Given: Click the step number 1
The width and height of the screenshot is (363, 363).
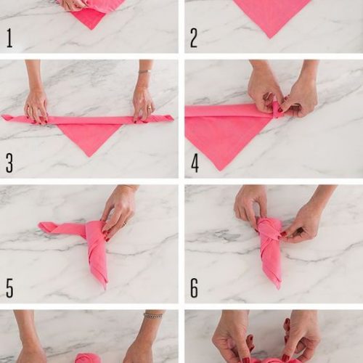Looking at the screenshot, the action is tap(9, 38).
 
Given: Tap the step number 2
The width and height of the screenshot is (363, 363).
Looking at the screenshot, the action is tap(194, 38).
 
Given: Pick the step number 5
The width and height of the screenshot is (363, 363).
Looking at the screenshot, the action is tap(9, 288).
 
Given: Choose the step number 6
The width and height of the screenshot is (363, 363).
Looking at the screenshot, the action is tap(194, 288).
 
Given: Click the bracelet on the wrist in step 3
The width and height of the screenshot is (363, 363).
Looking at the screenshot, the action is tap(144, 71).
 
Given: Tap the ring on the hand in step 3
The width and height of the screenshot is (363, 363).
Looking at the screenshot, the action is tap(150, 107).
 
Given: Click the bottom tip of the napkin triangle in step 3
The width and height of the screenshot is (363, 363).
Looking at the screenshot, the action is tap(89, 157).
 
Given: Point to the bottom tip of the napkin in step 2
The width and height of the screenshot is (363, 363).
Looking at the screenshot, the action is tap(270, 38).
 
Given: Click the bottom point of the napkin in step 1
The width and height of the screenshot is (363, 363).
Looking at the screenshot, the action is tap(91, 29).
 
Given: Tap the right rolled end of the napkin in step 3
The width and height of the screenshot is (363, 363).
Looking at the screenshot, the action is tap(169, 118).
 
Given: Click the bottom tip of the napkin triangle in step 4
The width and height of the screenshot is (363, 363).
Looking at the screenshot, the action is tap(220, 171).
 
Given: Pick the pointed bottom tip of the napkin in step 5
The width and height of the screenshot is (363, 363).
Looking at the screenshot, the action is tap(105, 288).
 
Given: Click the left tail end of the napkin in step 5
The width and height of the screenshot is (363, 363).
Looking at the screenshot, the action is tap(41, 226).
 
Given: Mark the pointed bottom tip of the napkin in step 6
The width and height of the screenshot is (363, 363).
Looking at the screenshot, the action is tap(279, 288).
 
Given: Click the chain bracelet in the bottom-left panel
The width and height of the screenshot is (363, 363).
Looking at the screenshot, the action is tap(153, 316).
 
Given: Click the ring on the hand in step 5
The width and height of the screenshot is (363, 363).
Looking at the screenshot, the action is tap(124, 224).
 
